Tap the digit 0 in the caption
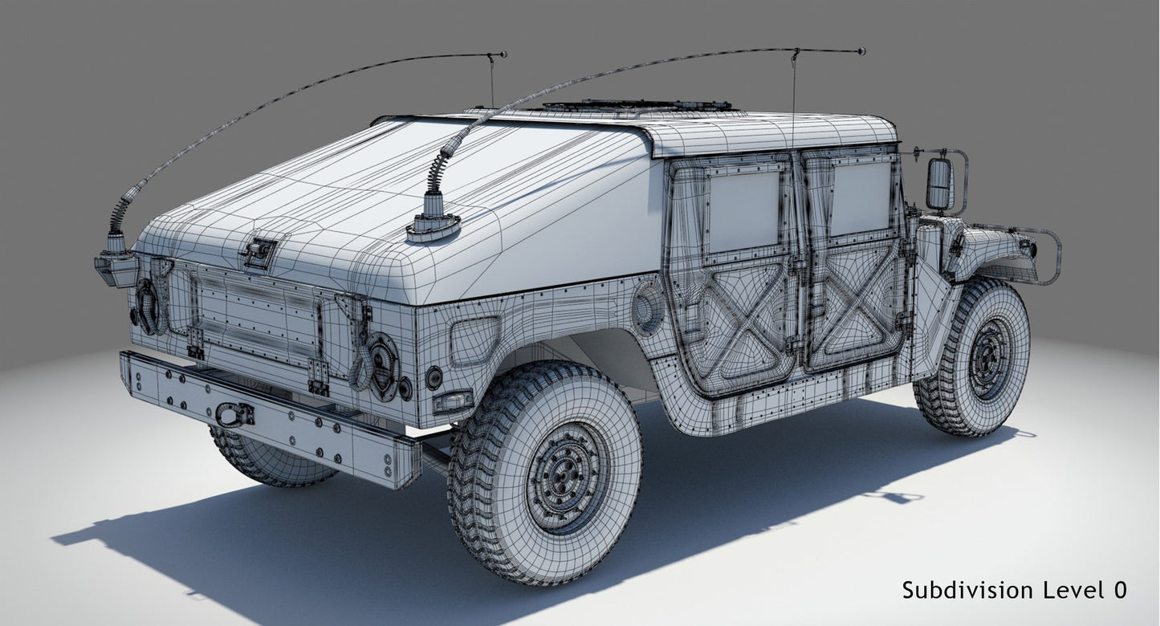click(x=1119, y=591)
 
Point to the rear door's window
click(x=744, y=210)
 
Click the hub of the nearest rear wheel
click(x=568, y=475)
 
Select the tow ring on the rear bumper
click(x=233, y=414)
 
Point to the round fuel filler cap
click(x=647, y=307)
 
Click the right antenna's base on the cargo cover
click(x=433, y=227)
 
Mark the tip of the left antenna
click(x=503, y=55)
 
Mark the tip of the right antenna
click(x=861, y=51)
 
